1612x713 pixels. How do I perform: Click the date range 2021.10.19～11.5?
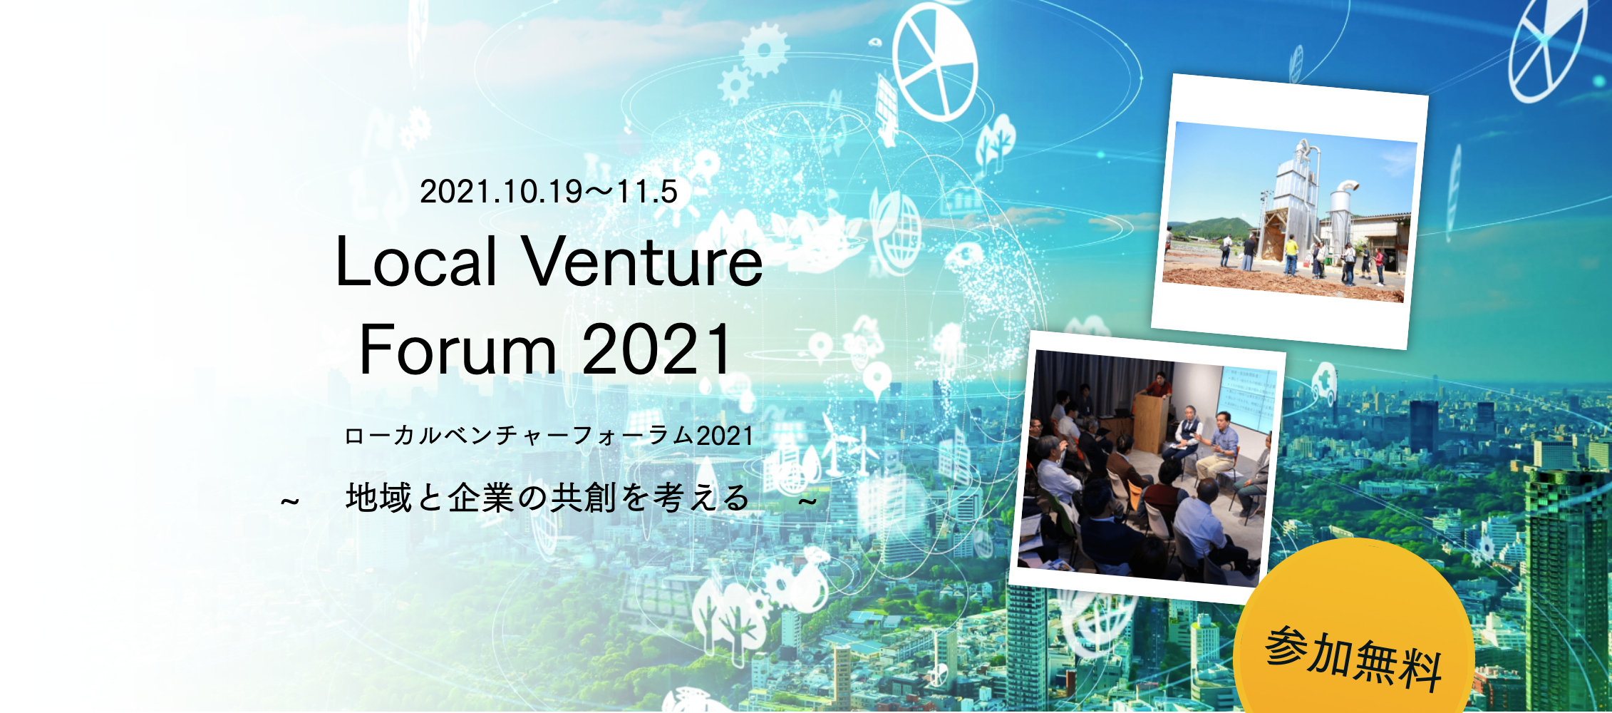pos(549,192)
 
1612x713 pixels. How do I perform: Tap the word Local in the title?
pos(416,262)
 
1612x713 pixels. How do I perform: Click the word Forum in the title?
pos(458,349)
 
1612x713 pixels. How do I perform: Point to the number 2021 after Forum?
pos(656,349)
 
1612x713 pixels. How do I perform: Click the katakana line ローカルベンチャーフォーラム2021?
pos(549,436)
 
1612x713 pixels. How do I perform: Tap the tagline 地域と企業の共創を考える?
pos(547,497)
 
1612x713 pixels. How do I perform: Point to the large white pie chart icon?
pos(935,61)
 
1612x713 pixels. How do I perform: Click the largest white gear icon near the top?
pos(764,50)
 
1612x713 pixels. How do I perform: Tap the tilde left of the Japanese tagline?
pos(289,501)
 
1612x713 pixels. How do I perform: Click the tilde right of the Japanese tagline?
pos(807,501)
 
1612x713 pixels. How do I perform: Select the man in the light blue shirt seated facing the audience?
pos(1219,445)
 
